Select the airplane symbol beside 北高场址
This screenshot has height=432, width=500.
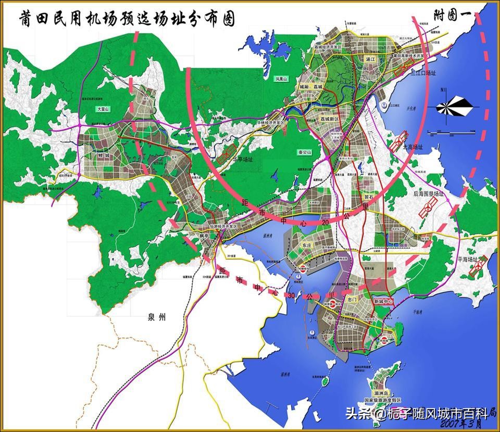399,141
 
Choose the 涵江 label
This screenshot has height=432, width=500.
370,59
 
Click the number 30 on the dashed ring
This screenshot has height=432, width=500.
293,295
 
